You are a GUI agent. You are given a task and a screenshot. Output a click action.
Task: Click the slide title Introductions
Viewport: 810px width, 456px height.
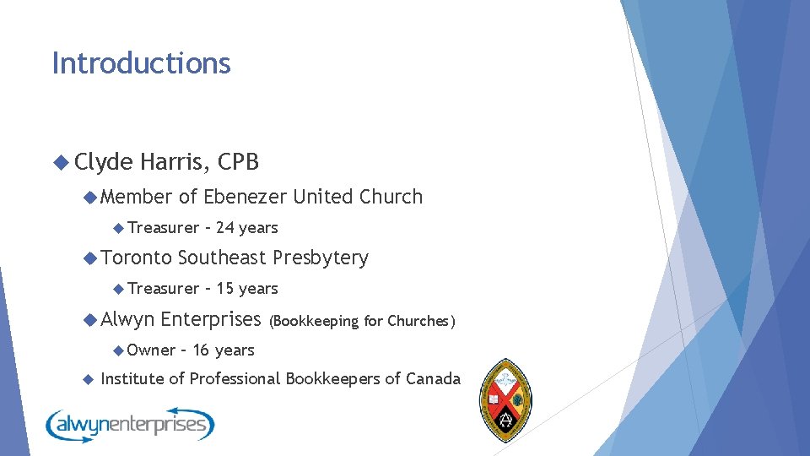(141, 63)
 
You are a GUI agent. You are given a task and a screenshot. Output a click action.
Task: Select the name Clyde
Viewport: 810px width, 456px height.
(103, 161)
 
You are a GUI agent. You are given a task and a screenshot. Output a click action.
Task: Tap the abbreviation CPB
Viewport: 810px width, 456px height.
(238, 161)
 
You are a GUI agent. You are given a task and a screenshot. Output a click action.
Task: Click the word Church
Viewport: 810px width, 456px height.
(391, 197)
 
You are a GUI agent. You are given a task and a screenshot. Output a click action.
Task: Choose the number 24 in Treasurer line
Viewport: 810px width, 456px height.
(225, 228)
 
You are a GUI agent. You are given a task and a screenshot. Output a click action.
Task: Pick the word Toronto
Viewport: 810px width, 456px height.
(137, 258)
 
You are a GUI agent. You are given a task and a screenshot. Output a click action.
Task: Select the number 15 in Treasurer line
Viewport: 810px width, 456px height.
(225, 289)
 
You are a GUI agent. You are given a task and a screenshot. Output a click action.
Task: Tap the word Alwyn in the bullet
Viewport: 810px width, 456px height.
(127, 319)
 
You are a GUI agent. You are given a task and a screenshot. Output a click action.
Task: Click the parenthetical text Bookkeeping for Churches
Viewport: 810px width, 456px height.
(362, 321)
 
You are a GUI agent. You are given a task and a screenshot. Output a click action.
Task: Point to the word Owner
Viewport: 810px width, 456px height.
(152, 350)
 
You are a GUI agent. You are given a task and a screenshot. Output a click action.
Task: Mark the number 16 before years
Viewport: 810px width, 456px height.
(202, 350)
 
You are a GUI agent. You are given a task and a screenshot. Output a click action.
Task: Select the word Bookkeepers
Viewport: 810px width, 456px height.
(333, 379)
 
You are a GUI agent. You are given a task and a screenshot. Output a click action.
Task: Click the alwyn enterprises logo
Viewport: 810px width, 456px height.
(130, 425)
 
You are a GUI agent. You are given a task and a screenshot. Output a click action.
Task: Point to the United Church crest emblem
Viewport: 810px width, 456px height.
(505, 399)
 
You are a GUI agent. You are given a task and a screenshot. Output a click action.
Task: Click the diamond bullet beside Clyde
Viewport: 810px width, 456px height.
(60, 162)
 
